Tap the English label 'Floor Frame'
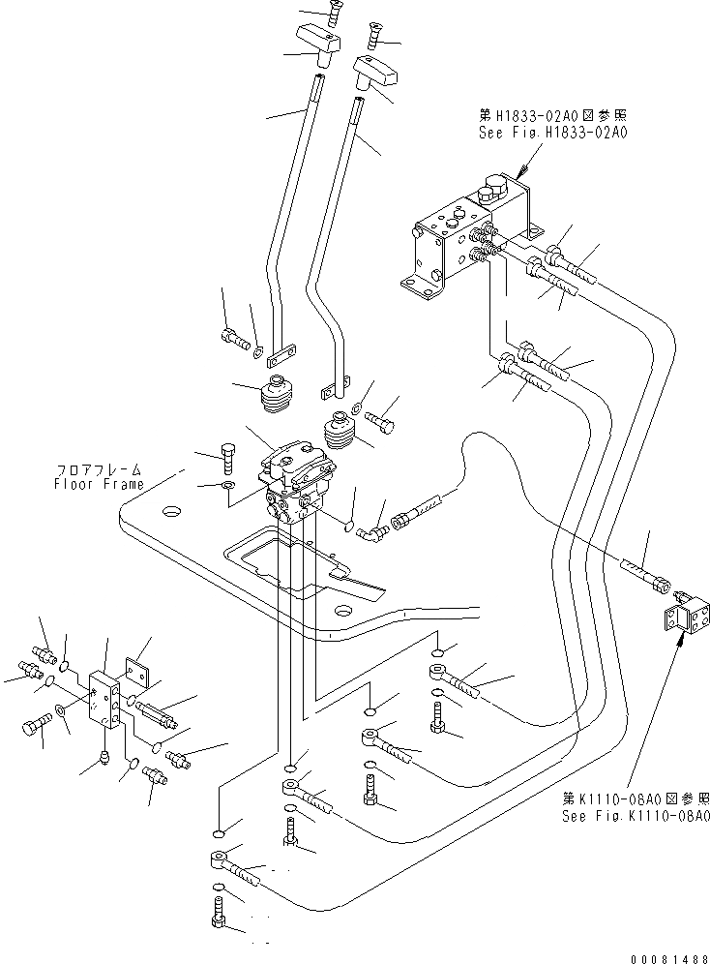tap(99, 484)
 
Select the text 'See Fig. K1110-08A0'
tap(636, 816)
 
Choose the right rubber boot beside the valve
tap(340, 435)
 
